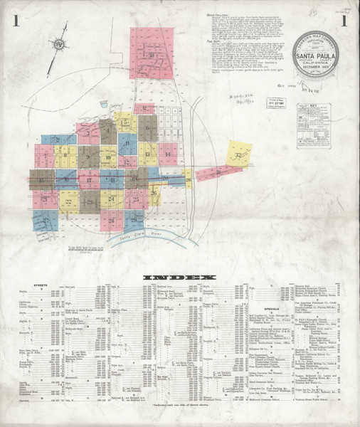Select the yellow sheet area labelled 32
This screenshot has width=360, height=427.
(238, 154)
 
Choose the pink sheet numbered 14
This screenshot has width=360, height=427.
(167, 153)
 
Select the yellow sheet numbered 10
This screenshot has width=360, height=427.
(108, 158)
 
